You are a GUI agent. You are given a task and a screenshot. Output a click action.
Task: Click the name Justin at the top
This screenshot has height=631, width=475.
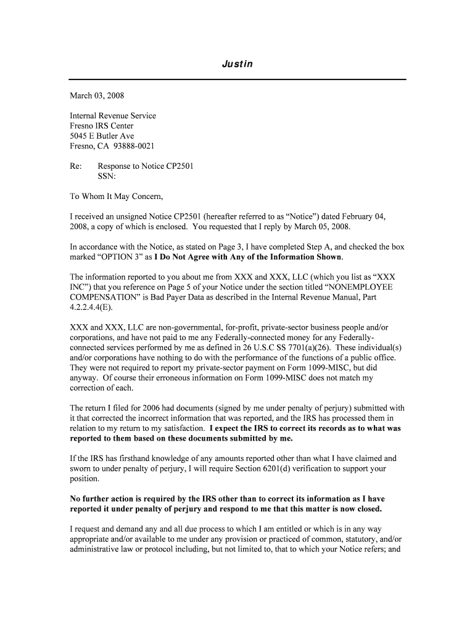click(238, 64)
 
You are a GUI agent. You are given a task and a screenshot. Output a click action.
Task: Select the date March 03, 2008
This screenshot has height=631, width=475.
click(97, 96)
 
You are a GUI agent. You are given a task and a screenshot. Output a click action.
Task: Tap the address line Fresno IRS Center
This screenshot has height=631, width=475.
click(102, 126)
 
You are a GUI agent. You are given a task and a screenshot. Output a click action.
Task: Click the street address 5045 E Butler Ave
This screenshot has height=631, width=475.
click(102, 136)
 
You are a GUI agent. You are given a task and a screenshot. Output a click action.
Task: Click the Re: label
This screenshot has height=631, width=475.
click(76, 166)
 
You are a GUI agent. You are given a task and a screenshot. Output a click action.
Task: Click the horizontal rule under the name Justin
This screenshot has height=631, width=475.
click(238, 79)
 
